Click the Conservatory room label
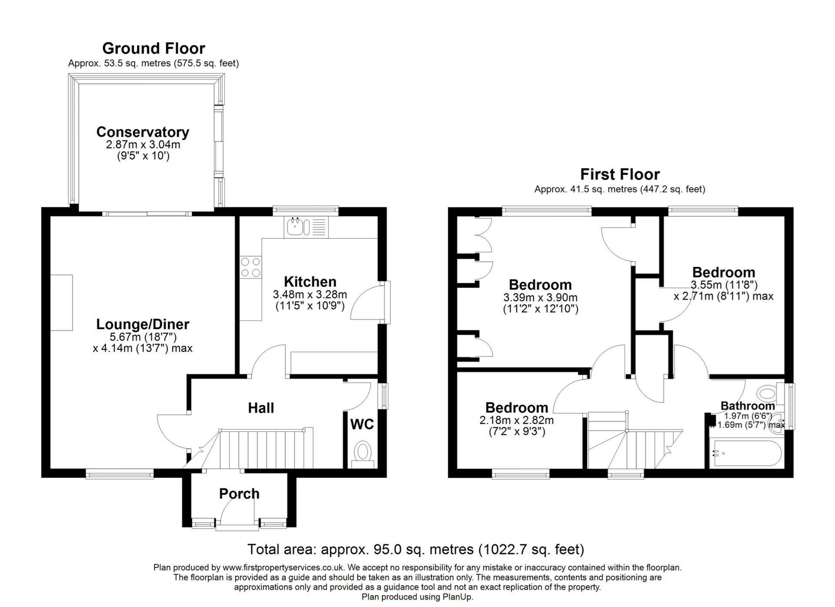tap(143, 132)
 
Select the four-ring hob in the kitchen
tap(251, 267)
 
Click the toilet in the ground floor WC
tap(362, 452)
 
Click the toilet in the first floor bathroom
tap(768, 394)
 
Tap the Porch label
tap(239, 494)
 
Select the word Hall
tap(261, 408)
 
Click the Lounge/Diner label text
tap(143, 324)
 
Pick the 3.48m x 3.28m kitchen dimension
tap(310, 294)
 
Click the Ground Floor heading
tap(154, 48)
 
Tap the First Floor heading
tap(620, 174)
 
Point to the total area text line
tap(415, 549)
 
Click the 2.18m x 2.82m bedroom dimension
tap(516, 420)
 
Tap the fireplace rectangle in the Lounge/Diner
tap(61, 303)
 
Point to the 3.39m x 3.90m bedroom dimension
tap(540, 298)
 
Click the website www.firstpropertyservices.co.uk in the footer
tap(284, 567)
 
